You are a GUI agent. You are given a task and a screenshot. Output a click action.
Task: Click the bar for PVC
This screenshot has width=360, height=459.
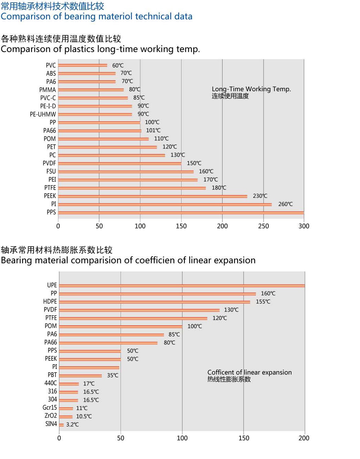(x=83, y=65)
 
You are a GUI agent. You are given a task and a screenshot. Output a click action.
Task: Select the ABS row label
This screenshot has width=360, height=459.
(x=51, y=73)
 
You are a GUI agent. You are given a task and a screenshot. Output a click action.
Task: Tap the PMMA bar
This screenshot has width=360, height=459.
(x=91, y=90)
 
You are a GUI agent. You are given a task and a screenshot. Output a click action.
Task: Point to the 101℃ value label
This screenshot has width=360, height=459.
(x=153, y=130)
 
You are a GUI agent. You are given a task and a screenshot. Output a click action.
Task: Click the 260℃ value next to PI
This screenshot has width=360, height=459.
(x=285, y=204)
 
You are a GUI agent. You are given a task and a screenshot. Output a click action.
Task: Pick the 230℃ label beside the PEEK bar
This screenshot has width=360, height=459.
(x=260, y=196)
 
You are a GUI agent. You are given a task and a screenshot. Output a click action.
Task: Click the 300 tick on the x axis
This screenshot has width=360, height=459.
(x=304, y=226)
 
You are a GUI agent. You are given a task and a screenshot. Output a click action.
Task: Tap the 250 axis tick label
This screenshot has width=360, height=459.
(x=263, y=226)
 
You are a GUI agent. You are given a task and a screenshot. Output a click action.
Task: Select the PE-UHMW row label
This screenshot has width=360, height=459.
(x=43, y=114)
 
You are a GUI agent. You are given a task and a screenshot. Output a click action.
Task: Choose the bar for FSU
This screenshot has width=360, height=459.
(x=126, y=172)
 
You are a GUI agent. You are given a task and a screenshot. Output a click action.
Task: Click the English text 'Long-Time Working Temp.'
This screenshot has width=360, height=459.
(x=251, y=89)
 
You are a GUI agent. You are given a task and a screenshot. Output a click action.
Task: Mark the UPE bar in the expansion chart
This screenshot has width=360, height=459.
(x=182, y=286)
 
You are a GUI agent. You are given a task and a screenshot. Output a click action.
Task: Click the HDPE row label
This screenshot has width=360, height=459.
(x=50, y=302)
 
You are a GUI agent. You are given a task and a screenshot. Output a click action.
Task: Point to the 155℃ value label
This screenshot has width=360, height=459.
(x=263, y=302)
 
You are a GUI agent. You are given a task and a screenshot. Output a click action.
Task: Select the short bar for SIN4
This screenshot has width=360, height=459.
(x=61, y=425)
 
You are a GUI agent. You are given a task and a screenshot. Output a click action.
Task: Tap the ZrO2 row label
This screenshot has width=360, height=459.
(x=51, y=416)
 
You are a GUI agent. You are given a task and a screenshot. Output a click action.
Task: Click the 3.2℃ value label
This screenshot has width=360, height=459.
(x=72, y=425)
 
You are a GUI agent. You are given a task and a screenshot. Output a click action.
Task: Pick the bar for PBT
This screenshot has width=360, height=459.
(x=80, y=376)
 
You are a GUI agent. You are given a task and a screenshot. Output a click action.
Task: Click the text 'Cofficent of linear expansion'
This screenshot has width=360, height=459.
(x=249, y=372)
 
